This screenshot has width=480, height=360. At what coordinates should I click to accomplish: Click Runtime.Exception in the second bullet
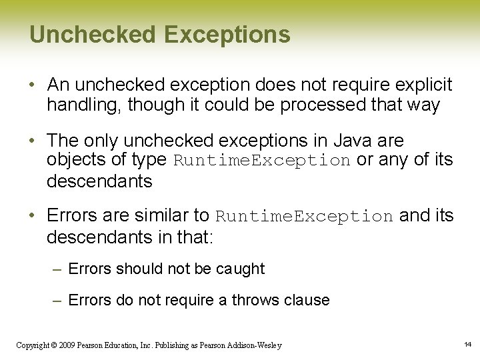pos(262,161)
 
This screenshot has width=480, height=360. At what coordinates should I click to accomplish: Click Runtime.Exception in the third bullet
pos(305,217)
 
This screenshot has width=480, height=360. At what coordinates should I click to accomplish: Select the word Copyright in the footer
pos(31,345)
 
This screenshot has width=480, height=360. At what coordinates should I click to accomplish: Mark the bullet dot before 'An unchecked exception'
pos(33,86)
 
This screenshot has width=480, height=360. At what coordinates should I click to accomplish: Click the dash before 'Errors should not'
pos(58,269)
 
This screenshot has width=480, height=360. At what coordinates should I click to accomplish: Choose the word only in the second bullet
pos(101,141)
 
